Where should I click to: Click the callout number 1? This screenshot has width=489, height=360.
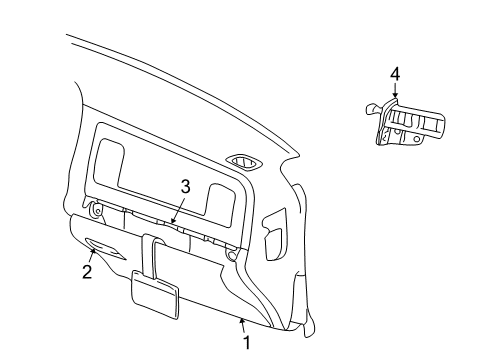247,343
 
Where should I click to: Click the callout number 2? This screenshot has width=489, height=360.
87,272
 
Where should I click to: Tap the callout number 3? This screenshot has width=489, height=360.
185,186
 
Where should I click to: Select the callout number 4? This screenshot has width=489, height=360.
395,73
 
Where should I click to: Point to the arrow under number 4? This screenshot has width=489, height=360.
395,92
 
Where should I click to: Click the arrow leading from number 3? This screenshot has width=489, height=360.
176,208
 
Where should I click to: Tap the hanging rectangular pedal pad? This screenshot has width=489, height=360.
155,293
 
